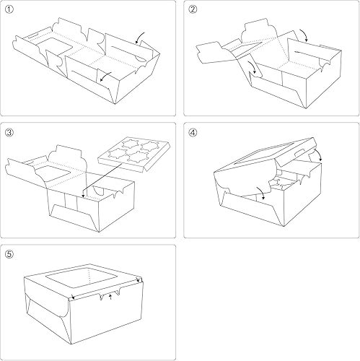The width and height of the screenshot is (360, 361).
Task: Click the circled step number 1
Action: (9, 9)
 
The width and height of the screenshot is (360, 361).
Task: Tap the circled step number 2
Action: (192, 9)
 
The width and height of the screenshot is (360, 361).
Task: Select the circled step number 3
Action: (9, 132)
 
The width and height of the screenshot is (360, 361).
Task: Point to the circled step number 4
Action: (192, 132)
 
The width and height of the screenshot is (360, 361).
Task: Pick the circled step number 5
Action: (9, 254)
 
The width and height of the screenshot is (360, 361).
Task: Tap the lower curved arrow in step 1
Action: (105, 74)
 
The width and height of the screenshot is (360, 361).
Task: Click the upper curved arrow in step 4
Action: (315, 155)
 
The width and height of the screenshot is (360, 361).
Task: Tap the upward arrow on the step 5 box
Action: (110, 296)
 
